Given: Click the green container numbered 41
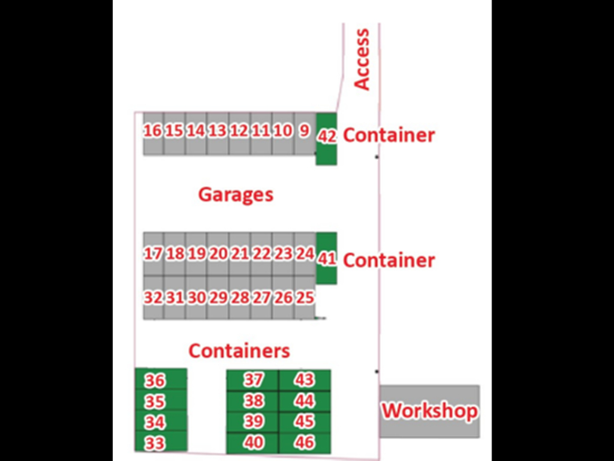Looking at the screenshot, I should pyautogui.click(x=327, y=259).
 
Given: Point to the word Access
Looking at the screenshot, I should pyautogui.click(x=362, y=59).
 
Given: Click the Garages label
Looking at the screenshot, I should pyautogui.click(x=236, y=194).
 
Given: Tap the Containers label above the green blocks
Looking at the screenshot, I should pyautogui.click(x=239, y=351).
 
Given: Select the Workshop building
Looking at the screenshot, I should pyautogui.click(x=430, y=411).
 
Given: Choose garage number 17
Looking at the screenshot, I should pyautogui.click(x=153, y=254).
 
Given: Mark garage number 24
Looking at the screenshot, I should pyautogui.click(x=305, y=254).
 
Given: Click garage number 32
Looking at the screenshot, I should pyautogui.click(x=153, y=297).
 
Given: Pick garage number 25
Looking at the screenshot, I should pyautogui.click(x=305, y=297).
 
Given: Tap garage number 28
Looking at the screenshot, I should pyautogui.click(x=239, y=297).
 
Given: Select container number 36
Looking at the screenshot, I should pyautogui.click(x=155, y=381).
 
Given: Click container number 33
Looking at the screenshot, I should pyautogui.click(x=155, y=443).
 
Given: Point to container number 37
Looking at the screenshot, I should pyautogui.click(x=253, y=379).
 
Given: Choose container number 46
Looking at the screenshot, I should pyautogui.click(x=305, y=443).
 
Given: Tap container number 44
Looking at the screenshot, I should pyautogui.click(x=305, y=400).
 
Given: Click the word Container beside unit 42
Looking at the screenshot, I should pyautogui.click(x=389, y=135).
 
